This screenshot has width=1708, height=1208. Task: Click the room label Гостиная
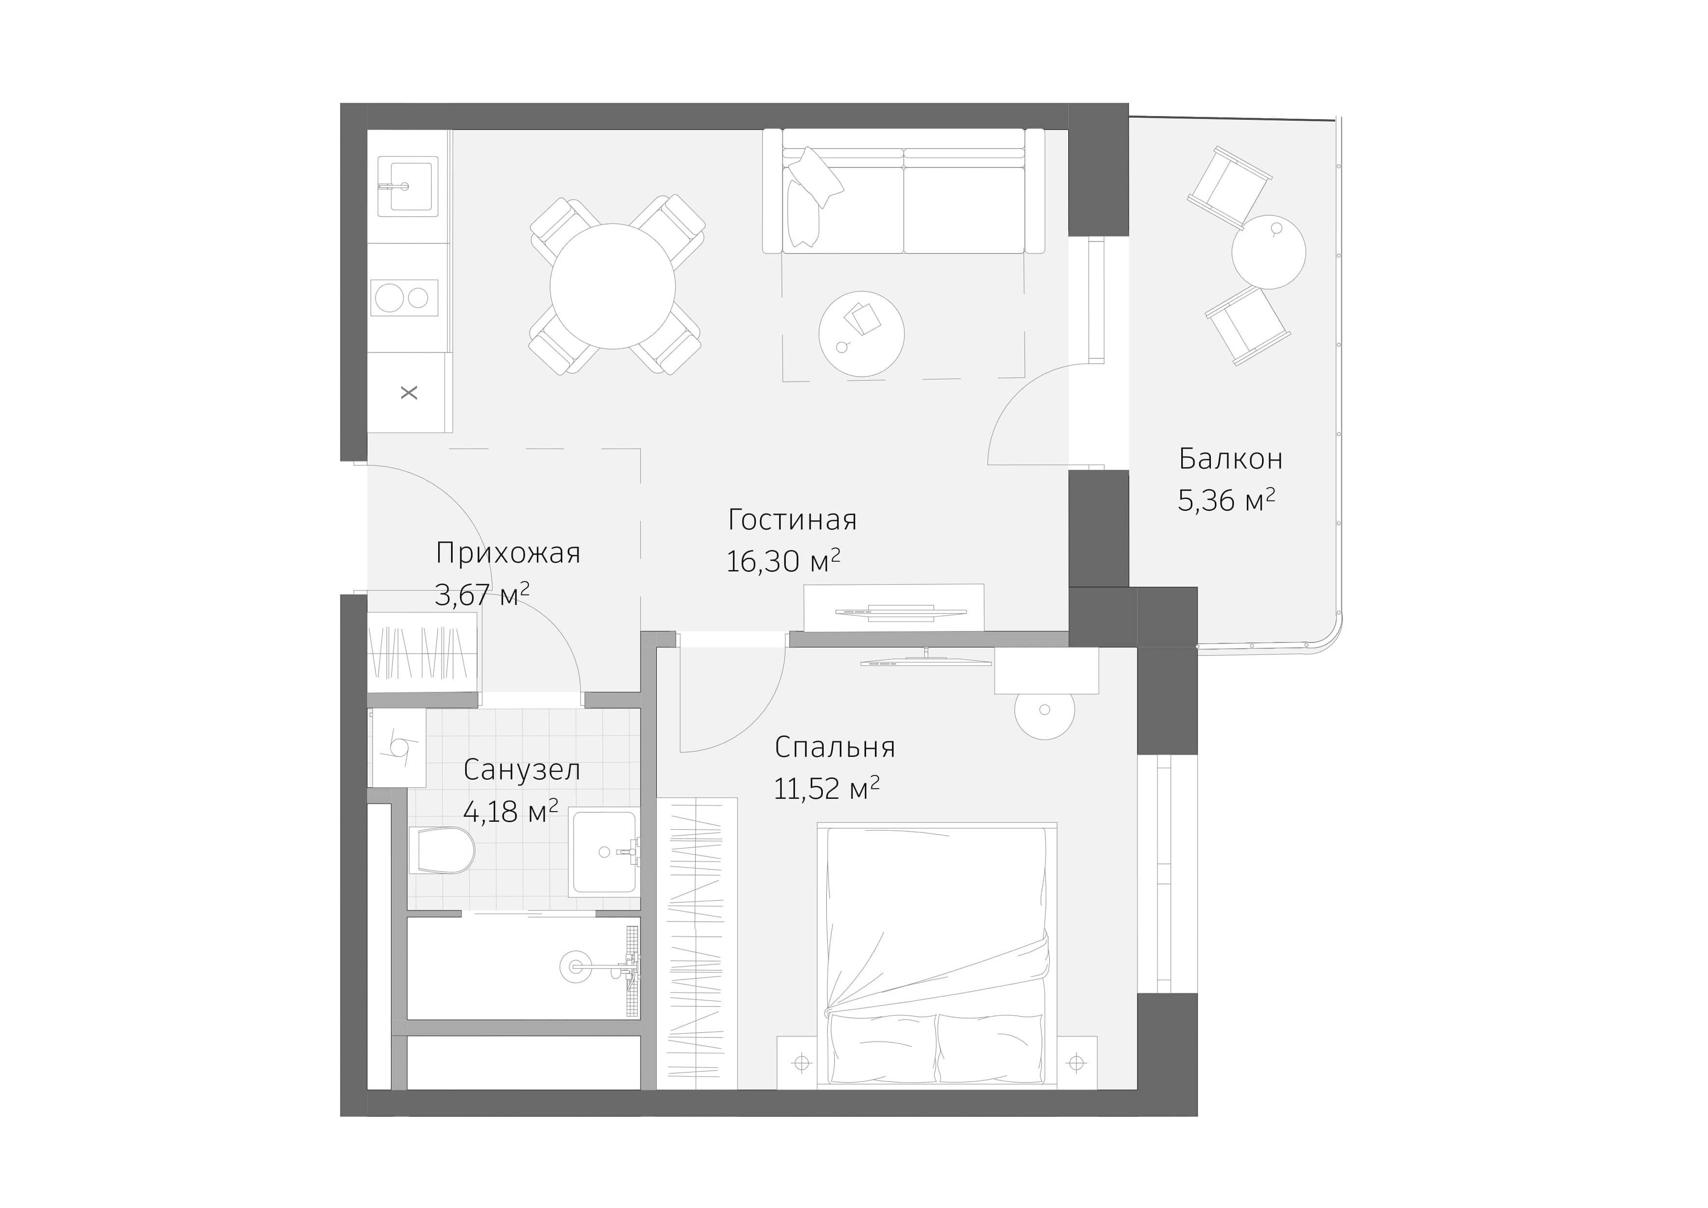(792, 520)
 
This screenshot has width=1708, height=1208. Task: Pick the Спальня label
(834, 747)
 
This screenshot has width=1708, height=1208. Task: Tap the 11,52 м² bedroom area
(826, 788)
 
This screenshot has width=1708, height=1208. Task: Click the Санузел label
(521, 770)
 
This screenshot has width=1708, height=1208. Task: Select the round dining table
(612, 286)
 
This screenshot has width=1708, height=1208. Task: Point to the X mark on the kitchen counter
(409, 393)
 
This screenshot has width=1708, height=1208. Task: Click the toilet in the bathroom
(442, 850)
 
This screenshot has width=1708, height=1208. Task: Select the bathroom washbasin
(603, 851)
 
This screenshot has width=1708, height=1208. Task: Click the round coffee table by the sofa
(861, 333)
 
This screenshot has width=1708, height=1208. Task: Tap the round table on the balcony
(1268, 251)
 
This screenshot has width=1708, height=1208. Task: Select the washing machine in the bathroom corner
(396, 747)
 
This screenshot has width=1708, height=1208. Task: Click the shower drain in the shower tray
(575, 967)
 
